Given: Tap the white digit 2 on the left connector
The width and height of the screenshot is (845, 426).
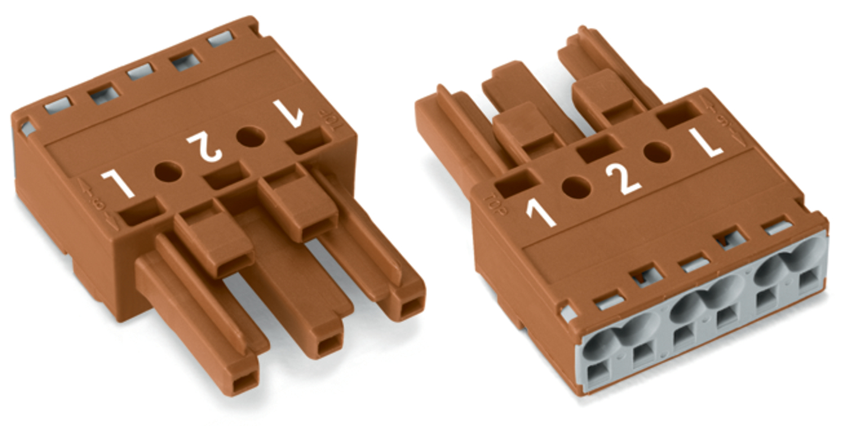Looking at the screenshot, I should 204,146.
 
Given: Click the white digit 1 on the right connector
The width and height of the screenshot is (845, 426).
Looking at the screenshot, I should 540,214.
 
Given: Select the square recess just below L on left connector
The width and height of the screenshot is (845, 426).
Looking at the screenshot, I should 140,212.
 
